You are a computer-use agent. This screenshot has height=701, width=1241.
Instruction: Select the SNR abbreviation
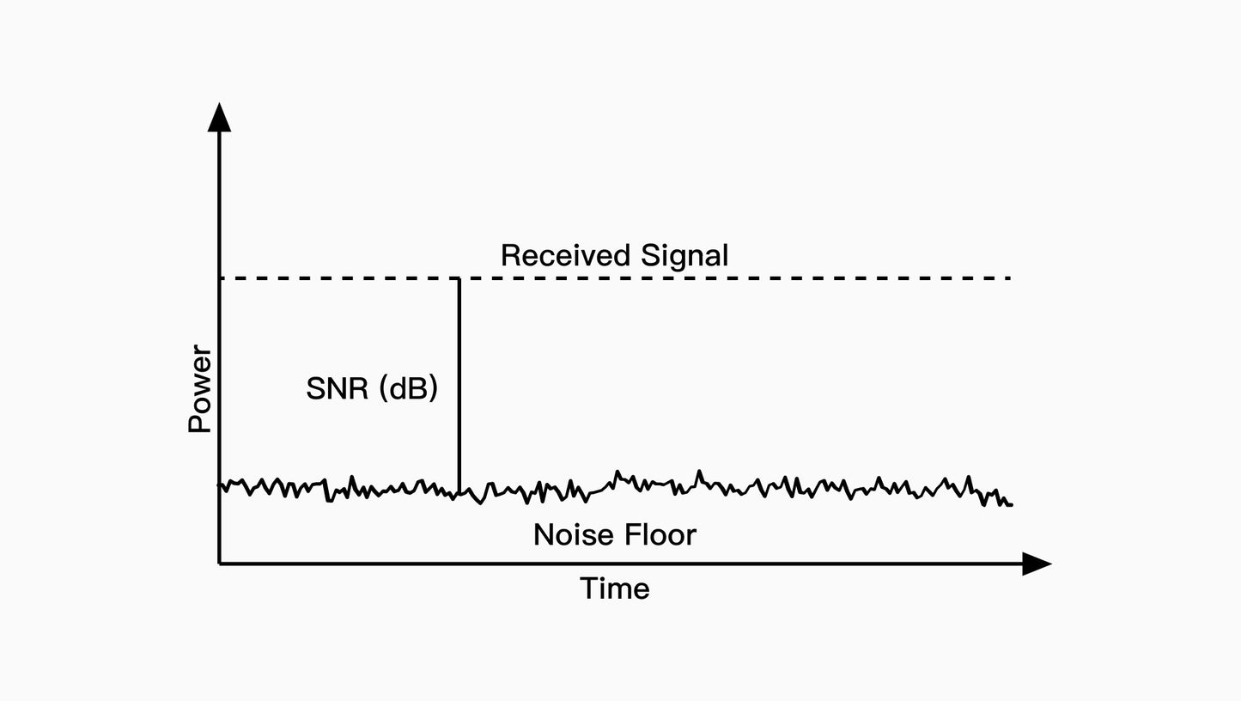coord(338,388)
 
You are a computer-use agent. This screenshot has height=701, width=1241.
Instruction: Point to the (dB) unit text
coord(408,388)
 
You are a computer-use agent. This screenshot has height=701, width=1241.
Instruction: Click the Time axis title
coord(614,588)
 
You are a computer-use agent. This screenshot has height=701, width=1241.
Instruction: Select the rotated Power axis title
coord(200,389)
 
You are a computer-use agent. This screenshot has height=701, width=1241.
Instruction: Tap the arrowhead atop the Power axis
coord(220,118)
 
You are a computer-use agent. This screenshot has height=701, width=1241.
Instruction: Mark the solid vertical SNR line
coord(459,387)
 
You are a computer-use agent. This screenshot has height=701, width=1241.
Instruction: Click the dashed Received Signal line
coord(730,278)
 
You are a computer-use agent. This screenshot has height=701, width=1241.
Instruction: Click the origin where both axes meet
coord(220,564)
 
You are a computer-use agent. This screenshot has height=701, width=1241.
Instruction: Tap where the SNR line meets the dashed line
coord(459,278)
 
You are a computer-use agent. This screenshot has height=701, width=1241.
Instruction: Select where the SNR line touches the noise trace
coord(459,493)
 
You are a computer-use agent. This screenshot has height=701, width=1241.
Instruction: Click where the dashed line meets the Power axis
coord(221,278)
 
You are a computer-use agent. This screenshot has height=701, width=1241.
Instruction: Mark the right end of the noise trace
coord(1011,504)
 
